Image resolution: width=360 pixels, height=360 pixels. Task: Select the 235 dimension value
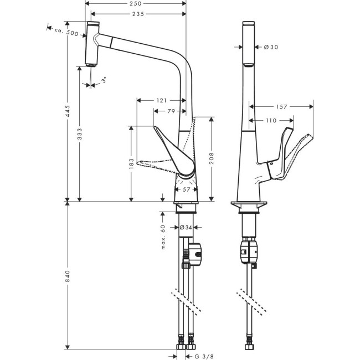pos(138,13)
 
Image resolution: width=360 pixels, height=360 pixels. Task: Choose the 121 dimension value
pos(161,100)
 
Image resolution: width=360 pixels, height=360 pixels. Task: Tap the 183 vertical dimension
pos(131,163)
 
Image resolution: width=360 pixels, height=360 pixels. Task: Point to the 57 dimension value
pos(186,189)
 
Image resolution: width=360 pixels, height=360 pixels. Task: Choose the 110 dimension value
pos(270,120)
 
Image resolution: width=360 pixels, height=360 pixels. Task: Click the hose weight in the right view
pos(249,251)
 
